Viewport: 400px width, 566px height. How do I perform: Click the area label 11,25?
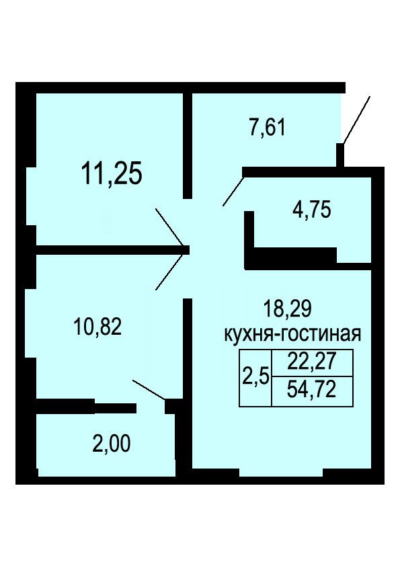pyautogui.click(x=112, y=173)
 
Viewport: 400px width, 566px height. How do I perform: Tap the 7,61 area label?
pyautogui.click(x=268, y=128)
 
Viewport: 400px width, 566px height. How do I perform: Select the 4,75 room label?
pyautogui.click(x=311, y=210)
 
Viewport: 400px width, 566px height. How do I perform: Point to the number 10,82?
pyautogui.click(x=97, y=327)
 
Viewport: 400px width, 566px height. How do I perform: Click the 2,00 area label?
pyautogui.click(x=111, y=444)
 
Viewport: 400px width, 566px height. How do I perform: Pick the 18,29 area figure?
pyautogui.click(x=287, y=309)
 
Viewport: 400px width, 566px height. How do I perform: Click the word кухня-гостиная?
pyautogui.click(x=293, y=334)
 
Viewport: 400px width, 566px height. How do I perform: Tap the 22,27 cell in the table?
pyautogui.click(x=312, y=362)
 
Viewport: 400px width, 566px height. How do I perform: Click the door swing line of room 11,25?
pyautogui.click(x=169, y=227)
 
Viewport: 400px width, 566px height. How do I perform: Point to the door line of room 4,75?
pyautogui.click(x=233, y=192)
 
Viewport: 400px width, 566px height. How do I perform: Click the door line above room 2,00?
pyautogui.click(x=149, y=390)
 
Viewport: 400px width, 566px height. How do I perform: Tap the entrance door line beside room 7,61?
pyautogui.click(x=356, y=120)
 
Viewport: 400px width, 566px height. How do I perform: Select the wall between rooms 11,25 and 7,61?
pyautogui.click(x=188, y=146)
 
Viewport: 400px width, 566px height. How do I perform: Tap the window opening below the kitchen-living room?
pyautogui.click(x=281, y=472)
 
